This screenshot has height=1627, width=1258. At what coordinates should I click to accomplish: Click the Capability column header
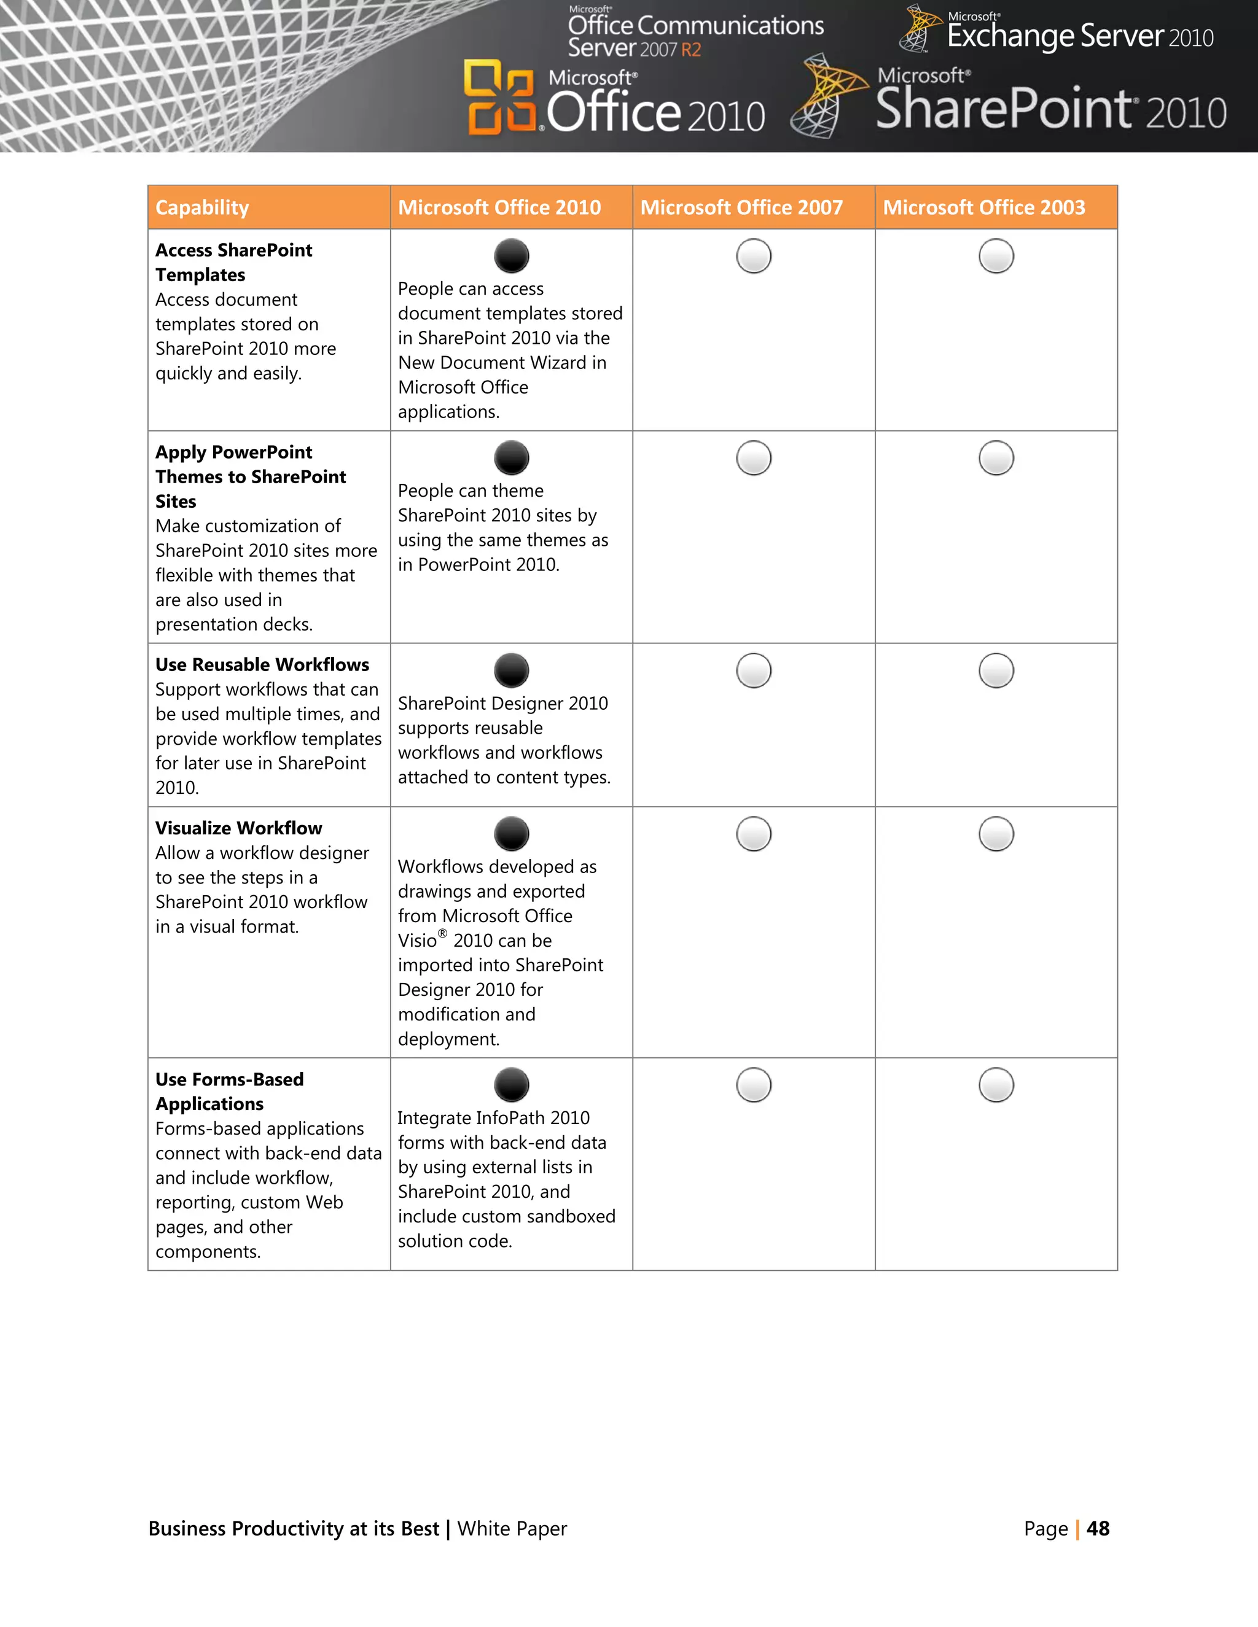[x=202, y=208]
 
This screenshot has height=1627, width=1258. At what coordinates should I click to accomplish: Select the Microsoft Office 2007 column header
[x=741, y=208]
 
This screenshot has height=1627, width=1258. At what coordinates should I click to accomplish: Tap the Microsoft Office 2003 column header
[x=984, y=208]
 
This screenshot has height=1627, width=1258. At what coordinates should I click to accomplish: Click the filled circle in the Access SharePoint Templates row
[x=511, y=256]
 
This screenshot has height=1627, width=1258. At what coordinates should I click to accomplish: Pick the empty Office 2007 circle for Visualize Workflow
[x=754, y=834]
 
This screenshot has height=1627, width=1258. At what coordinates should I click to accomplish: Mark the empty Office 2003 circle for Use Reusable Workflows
[x=996, y=670]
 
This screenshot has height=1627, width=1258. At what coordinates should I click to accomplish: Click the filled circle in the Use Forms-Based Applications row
[x=511, y=1085]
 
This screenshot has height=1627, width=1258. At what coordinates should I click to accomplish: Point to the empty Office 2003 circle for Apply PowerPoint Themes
[x=996, y=458]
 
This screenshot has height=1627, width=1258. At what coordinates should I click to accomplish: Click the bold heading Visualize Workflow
[x=238, y=828]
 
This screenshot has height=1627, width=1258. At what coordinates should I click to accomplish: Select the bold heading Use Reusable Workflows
[x=262, y=664]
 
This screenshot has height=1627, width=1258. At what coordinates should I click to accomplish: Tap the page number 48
[x=1098, y=1529]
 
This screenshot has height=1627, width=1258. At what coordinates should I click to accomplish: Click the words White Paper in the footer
[x=512, y=1529]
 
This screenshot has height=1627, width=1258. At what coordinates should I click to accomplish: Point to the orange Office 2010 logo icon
[x=499, y=98]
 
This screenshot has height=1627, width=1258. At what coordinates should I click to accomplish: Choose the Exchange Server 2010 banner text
[x=1080, y=36]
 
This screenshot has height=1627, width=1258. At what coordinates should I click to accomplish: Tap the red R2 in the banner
[x=691, y=50]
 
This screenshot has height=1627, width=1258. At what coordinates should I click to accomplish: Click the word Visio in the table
[x=417, y=941]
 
